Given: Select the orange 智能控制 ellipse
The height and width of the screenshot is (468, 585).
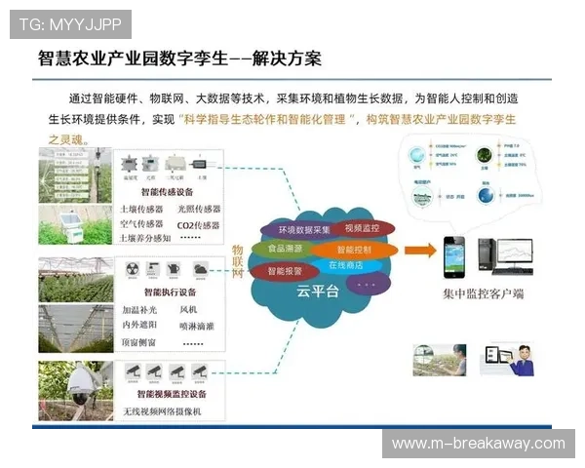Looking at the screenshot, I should pyautogui.click(x=361, y=249).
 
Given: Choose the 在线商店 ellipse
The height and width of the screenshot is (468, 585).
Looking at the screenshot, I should pyautogui.click(x=347, y=265).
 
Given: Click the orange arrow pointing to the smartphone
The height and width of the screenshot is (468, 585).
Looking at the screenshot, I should pyautogui.click(x=420, y=251).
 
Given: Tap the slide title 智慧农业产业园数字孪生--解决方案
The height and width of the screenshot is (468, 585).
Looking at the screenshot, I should pyautogui.click(x=179, y=58).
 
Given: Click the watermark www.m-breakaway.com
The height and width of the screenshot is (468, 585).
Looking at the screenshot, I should pyautogui.click(x=478, y=444).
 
